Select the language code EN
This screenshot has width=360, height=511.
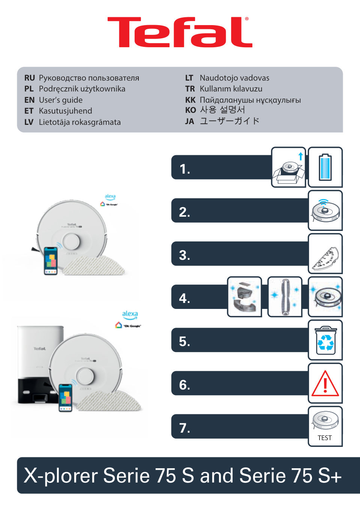point(29,100)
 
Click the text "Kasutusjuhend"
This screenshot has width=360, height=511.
point(65,111)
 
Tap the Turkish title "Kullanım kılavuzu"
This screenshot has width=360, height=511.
point(231,89)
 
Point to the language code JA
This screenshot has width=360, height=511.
point(189,121)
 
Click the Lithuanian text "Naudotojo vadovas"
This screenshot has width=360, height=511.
point(234,78)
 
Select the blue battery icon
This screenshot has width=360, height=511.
point(325,167)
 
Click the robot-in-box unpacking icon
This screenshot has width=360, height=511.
point(288,168)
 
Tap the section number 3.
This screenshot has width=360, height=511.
point(184,255)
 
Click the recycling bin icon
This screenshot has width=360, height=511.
point(325,340)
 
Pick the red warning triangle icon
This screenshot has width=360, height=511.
point(325,384)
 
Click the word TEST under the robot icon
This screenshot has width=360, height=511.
point(325,438)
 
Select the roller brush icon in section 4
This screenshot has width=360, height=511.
point(285,297)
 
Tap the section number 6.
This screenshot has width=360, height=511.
point(184,385)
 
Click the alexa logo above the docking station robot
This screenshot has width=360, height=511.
point(130,314)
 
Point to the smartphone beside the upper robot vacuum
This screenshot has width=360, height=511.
point(51,261)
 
